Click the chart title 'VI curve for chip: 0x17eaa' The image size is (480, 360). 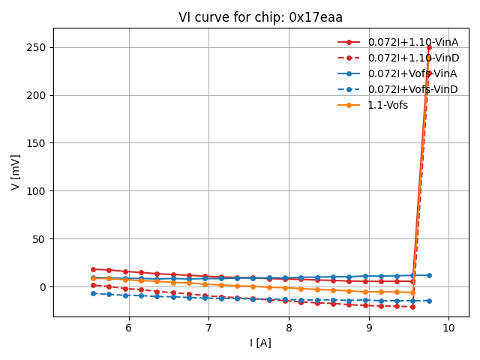(x=260, y=17)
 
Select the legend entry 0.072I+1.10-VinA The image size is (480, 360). (x=412, y=42)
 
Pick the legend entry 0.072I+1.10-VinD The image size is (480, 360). (x=412, y=58)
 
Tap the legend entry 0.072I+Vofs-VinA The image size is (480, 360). (x=412, y=73)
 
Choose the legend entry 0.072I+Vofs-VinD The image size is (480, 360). (x=412, y=89)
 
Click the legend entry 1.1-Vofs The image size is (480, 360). (x=388, y=105)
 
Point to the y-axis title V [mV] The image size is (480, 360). (x=16, y=172)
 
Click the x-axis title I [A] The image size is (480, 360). (x=260, y=343)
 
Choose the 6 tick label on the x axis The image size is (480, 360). (x=128, y=328)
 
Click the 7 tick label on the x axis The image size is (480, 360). (x=208, y=328)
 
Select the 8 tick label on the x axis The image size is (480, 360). (x=289, y=328)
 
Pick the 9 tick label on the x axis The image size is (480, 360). (x=368, y=328)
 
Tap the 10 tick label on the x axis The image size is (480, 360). (x=448, y=328)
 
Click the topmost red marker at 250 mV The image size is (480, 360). (x=429, y=47)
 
